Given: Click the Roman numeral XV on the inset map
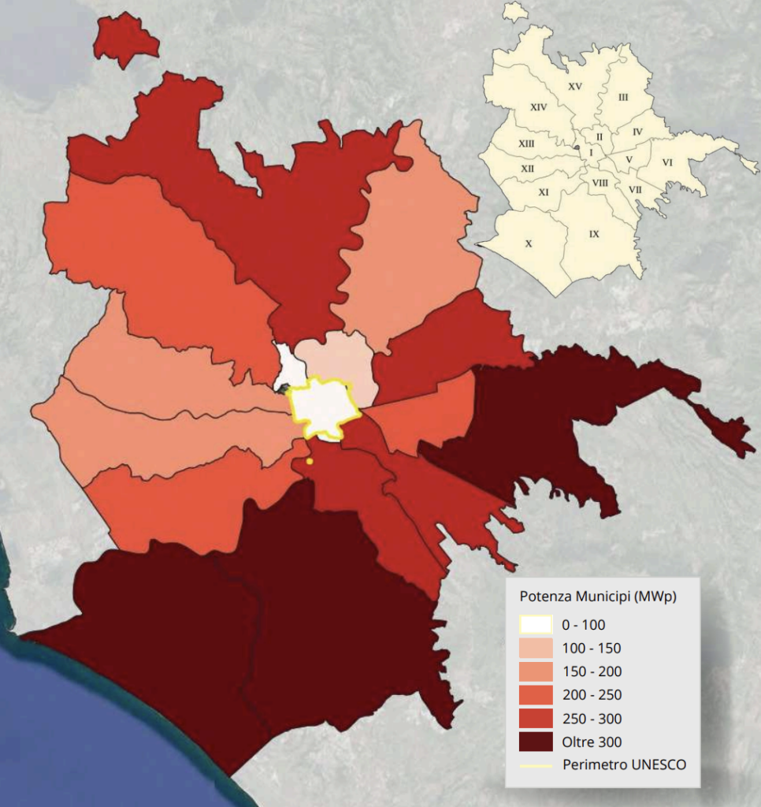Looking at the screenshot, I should pos(574,87).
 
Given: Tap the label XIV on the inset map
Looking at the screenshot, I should pos(539,106).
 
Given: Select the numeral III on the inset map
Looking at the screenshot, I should pos(623,97).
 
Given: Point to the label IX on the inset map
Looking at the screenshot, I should pos(594,234).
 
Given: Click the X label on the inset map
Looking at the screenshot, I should pos(529,244).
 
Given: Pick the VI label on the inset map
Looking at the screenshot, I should pos(667,162).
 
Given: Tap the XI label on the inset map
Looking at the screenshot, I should pos(544,192).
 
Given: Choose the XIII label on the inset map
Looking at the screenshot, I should pos(526,143).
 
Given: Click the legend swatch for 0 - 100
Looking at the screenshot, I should pos(535,624).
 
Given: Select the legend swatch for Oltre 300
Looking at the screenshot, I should pos(535,742).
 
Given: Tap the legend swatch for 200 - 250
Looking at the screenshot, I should pos(535,694).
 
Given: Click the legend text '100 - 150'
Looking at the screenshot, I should pos(591,649).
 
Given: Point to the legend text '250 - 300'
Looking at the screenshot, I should pos(591,719).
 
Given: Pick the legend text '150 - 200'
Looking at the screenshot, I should pos(591,671).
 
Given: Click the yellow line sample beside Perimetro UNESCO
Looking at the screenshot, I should pos(535,764).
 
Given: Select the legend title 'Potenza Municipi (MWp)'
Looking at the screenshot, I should pos(598,596).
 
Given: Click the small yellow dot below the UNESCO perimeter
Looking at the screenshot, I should pos(310,461).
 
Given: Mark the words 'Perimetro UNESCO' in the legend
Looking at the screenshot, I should pos(624,764).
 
